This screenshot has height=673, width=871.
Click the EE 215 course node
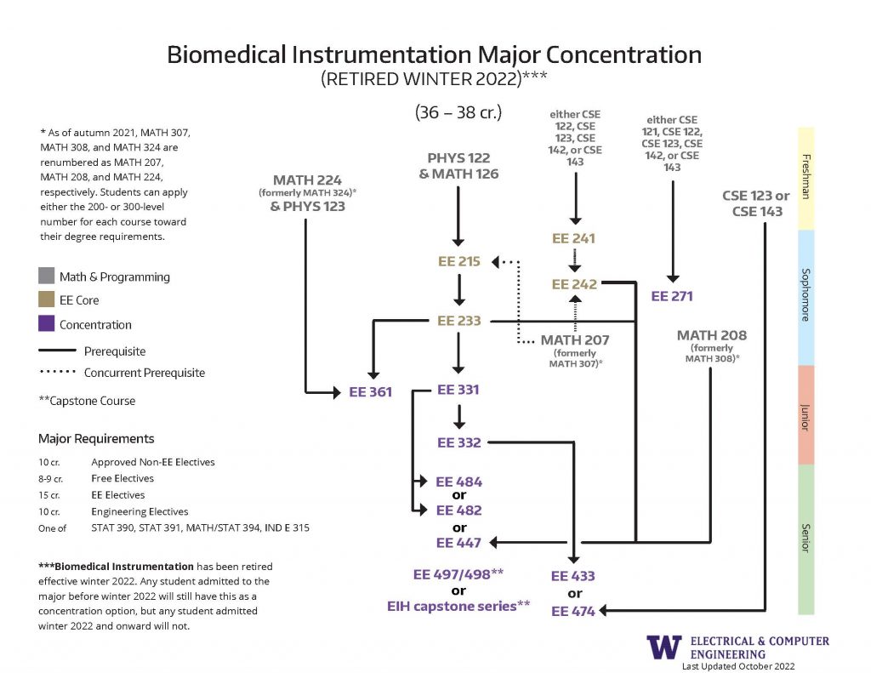[459, 262]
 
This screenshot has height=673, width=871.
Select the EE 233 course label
[459, 321]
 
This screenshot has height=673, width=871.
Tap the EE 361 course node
[370, 393]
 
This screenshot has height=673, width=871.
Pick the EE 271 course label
[672, 296]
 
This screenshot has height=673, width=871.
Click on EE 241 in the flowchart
[574, 239]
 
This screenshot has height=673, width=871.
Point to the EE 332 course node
[459, 442]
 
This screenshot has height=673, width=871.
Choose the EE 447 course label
[459, 543]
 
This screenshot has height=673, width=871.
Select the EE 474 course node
[573, 611]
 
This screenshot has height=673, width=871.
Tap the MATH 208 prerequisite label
[712, 335]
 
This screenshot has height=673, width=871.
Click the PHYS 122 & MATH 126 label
[458, 166]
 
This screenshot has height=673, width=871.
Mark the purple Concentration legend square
[46, 324]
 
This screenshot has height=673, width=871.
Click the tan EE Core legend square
[46, 300]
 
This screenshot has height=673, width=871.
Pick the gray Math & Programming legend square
[46, 277]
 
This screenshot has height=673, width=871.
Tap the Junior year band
[806, 415]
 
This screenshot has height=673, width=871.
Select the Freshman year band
[806, 179]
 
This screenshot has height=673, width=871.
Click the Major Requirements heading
[96, 439]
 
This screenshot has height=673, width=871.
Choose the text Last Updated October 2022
[737, 666]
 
